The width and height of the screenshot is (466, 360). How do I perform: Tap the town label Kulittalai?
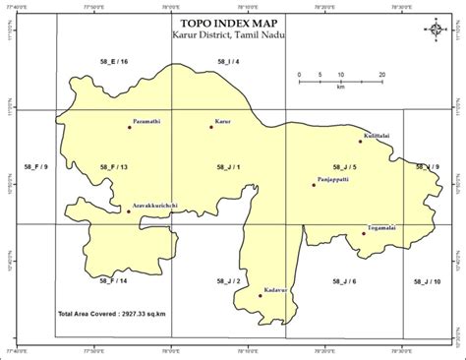coord(379,134)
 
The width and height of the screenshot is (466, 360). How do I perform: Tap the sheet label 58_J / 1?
coord(227,168)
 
